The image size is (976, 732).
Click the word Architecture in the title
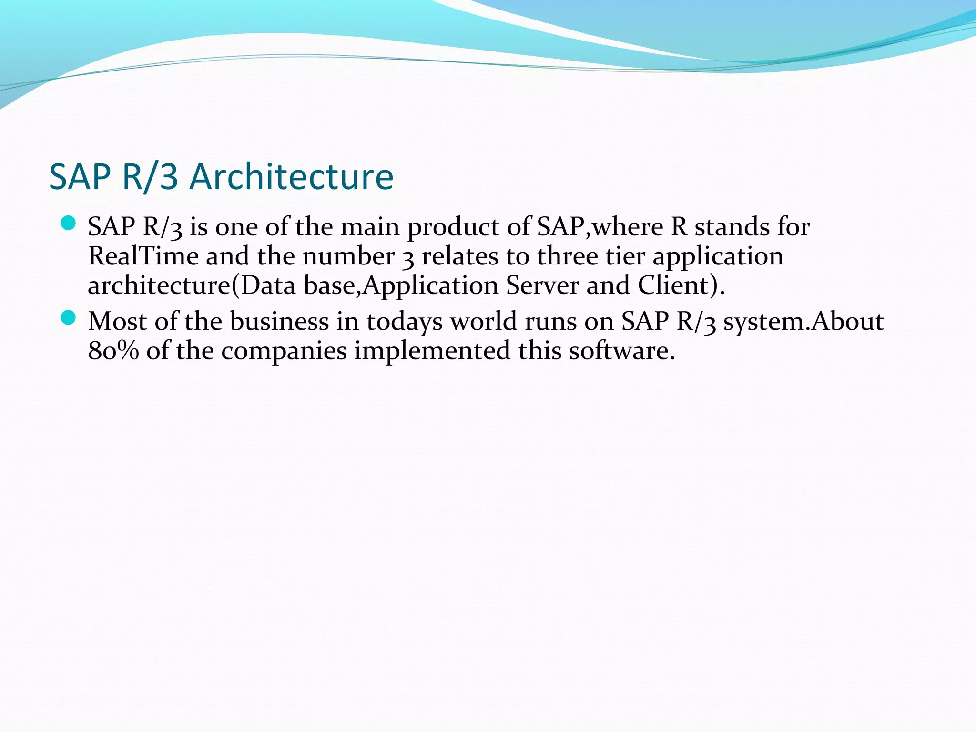pyautogui.click(x=291, y=177)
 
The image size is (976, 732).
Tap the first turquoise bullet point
pyautogui.click(x=69, y=223)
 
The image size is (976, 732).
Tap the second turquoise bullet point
pyautogui.click(x=69, y=317)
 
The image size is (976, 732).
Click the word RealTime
pyautogui.click(x=143, y=256)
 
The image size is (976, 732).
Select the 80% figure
pyautogui.click(x=113, y=351)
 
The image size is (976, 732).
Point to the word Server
pyautogui.click(x=542, y=285)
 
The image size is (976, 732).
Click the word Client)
pyautogui.click(x=681, y=285)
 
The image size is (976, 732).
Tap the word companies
pyautogui.click(x=284, y=352)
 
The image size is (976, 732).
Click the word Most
pyautogui.click(x=117, y=321)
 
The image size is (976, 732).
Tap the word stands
pyautogui.click(x=732, y=226)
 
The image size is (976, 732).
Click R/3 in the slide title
pyautogui.click(x=150, y=177)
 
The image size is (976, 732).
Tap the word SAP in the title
pyautogui.click(x=80, y=177)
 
